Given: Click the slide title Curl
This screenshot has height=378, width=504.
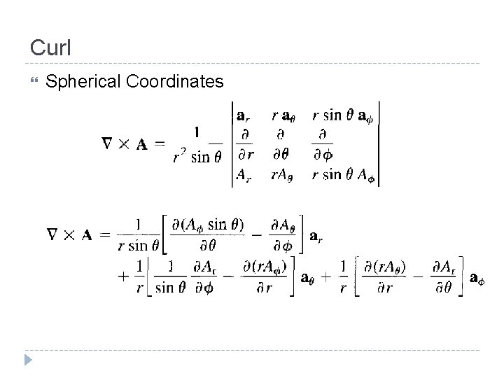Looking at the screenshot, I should pyautogui.click(x=50, y=48).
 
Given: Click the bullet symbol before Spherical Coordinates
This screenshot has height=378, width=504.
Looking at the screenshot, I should pyautogui.click(x=34, y=83).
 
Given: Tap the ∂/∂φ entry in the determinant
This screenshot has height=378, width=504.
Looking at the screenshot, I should pyautogui.click(x=323, y=144).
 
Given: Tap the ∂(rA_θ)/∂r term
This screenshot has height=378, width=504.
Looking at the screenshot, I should pyautogui.click(x=383, y=276).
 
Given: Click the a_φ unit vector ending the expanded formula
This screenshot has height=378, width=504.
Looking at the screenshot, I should pyautogui.click(x=477, y=278).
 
